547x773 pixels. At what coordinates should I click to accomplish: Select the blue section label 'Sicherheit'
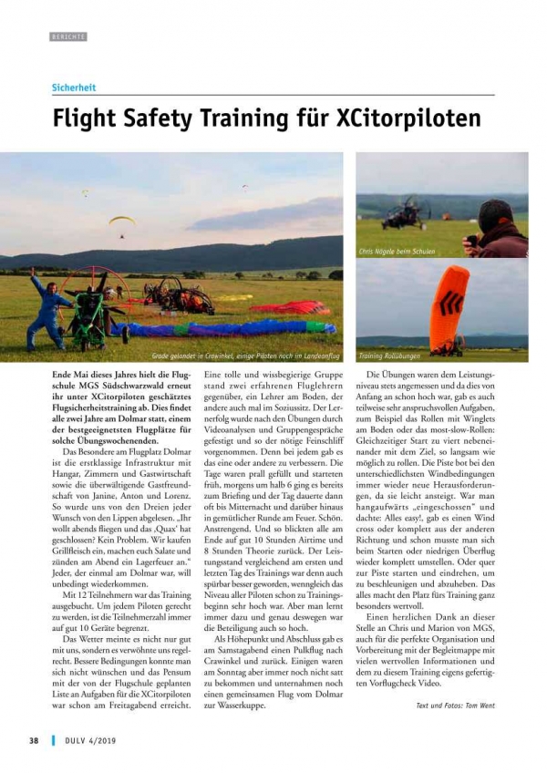pyautogui.click(x=73, y=88)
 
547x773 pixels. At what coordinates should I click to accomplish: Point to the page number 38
pyautogui.click(x=33, y=739)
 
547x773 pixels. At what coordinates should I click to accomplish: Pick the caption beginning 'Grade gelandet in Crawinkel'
pyautogui.click(x=246, y=356)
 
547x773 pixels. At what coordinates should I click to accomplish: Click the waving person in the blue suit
pyautogui.click(x=48, y=305)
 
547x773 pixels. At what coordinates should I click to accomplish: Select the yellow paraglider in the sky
pyautogui.click(x=121, y=221)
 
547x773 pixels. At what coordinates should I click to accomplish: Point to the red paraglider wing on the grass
pyautogui.click(x=292, y=307)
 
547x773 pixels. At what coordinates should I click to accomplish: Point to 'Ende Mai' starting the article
pyautogui.click(x=68, y=375)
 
